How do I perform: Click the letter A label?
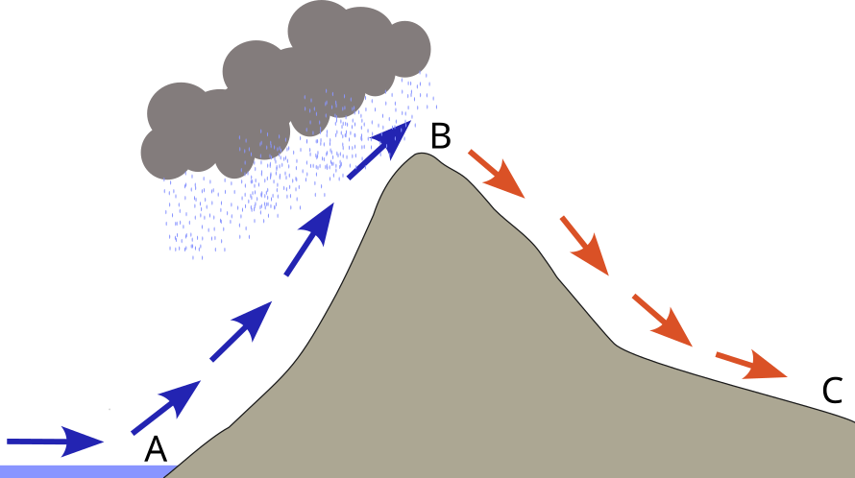pyautogui.click(x=156, y=449)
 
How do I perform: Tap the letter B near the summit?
pyautogui.click(x=440, y=135)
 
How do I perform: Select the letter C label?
pyautogui.click(x=832, y=391)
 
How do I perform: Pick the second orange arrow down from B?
pyautogui.click(x=584, y=245)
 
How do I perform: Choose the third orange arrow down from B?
pyautogui.click(x=662, y=321)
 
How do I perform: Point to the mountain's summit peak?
pyautogui.click(x=419, y=155)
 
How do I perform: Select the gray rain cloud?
pyautogui.click(x=288, y=86)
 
